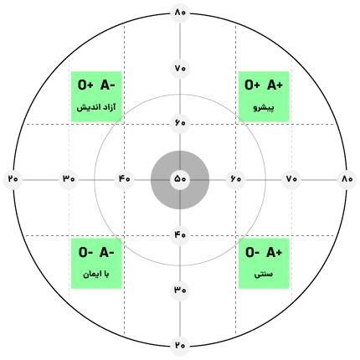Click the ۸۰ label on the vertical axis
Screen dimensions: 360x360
(x=180, y=13)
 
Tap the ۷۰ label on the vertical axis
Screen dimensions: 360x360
(x=180, y=68)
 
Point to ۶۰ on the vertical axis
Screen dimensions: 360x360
(x=180, y=123)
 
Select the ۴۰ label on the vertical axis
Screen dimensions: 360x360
(x=180, y=234)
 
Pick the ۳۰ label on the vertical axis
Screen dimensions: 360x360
(x=180, y=291)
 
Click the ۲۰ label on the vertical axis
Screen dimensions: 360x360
(x=180, y=346)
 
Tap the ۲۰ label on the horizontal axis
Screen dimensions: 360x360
(x=13, y=178)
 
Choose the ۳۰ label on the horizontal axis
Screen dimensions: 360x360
(x=69, y=178)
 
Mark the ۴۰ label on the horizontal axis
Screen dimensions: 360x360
(x=125, y=178)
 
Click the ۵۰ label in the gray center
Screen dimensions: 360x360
(x=180, y=178)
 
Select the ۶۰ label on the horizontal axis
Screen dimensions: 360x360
(x=236, y=178)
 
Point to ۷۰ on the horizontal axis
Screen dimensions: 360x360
(x=291, y=178)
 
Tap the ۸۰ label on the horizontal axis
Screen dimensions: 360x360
(x=347, y=178)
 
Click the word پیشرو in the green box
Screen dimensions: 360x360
(x=264, y=107)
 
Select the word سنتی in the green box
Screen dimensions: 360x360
(x=264, y=275)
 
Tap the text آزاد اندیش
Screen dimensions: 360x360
(x=96, y=107)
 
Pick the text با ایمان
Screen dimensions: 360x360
(x=96, y=275)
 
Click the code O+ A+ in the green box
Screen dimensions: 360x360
(x=264, y=85)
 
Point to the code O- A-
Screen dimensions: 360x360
(x=96, y=252)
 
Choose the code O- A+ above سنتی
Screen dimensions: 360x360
(x=264, y=252)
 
